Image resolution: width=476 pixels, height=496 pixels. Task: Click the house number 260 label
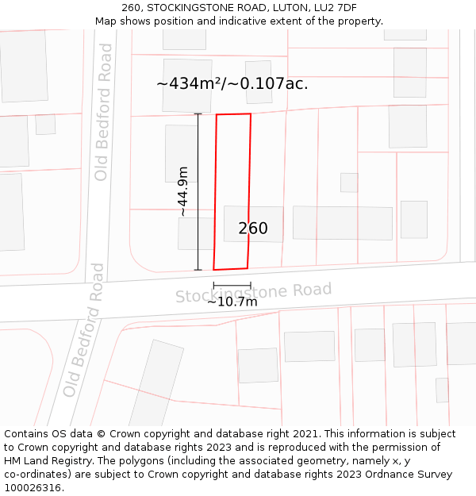253,229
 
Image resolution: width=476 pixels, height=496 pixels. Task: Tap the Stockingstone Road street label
253,293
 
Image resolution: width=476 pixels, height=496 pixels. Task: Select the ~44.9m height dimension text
182,191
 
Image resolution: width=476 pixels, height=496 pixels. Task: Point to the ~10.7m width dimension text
232,302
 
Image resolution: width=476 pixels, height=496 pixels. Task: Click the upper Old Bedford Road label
103,112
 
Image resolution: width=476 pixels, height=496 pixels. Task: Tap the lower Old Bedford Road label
84,330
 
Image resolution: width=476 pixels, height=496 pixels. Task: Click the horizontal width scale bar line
232,286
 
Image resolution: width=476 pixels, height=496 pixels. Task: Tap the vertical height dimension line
198,191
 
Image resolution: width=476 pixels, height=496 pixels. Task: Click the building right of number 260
342,223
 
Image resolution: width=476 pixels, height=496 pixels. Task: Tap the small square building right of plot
349,183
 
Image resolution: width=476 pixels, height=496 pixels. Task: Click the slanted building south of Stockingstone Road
155,384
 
